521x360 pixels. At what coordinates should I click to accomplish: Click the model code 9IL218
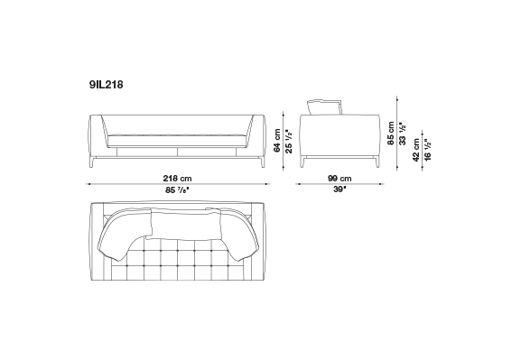[x=106, y=85]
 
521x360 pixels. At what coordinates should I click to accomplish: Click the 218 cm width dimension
[x=177, y=179]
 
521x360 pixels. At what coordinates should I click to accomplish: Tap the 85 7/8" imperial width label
[x=177, y=190]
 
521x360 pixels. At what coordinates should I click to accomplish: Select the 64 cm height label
[x=277, y=141]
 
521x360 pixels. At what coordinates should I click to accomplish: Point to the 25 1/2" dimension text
[x=289, y=142]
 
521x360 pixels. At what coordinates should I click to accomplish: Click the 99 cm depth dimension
[x=340, y=179]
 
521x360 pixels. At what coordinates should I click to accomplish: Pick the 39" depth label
[x=340, y=189]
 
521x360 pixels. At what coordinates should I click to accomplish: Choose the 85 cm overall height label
[x=391, y=134]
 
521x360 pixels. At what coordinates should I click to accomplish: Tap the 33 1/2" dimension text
[x=403, y=134]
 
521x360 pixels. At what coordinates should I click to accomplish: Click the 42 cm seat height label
[x=416, y=150]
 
